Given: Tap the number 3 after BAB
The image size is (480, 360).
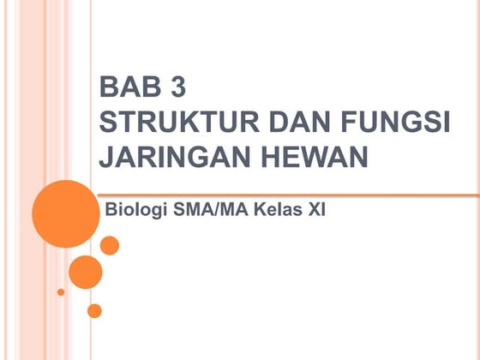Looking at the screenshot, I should pyautogui.click(x=176, y=87).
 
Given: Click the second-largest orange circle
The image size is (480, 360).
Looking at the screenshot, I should pyautogui.click(x=85, y=272).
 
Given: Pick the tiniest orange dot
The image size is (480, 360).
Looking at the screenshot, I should pyautogui.click(x=61, y=292).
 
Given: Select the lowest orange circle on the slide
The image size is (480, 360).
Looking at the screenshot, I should pyautogui.click(x=94, y=310).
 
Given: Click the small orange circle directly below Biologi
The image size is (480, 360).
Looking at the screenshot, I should pyautogui.click(x=110, y=245).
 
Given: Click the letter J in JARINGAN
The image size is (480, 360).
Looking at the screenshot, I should pyautogui.click(x=107, y=159).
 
